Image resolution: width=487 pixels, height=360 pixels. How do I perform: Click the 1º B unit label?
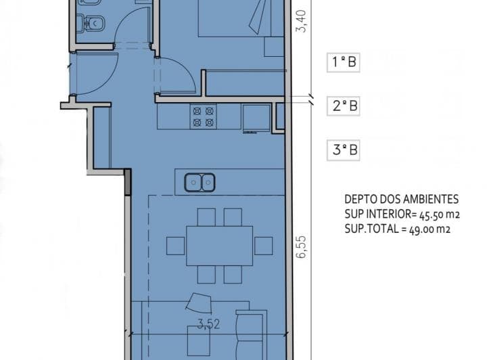[x=343, y=62]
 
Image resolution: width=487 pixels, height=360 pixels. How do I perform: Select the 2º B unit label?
[x=343, y=106]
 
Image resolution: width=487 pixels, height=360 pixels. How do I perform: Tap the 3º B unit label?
[x=343, y=150]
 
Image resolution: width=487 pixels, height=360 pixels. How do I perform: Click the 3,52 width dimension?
[x=209, y=324]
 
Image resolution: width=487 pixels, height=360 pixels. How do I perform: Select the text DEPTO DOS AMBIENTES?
[x=401, y=199]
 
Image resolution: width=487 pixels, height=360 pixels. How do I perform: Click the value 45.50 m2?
[x=440, y=215]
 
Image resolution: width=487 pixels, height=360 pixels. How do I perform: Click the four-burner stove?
[x=203, y=117]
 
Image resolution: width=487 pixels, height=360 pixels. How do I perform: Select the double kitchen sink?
[x=200, y=183]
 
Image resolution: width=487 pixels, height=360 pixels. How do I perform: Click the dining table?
[x=220, y=246]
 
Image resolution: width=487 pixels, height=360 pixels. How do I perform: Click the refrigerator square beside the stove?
[x=256, y=118]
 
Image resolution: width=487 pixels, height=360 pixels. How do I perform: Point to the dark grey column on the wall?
[x=127, y=182]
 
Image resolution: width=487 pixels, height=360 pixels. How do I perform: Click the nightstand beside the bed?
[x=274, y=47]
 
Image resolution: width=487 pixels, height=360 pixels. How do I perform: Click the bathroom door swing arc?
[x=126, y=21]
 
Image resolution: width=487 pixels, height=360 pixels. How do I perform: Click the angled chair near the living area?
[x=199, y=303]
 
